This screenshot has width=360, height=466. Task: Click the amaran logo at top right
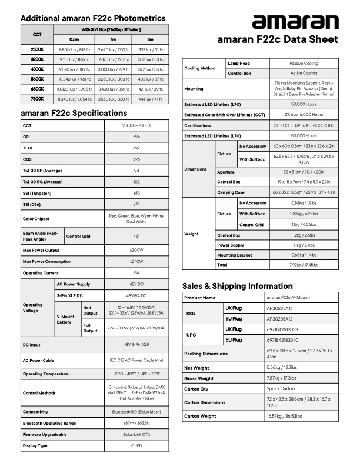pos(295,22)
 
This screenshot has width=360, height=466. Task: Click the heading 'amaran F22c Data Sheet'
pos(278,40)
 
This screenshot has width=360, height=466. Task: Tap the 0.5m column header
pos(74,38)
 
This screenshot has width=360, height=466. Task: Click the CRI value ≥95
pos(136,137)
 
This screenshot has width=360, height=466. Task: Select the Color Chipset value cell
pos(136,219)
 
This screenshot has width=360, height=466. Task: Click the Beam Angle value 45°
pos(136,236)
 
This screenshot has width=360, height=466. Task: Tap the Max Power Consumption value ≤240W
pos(136,261)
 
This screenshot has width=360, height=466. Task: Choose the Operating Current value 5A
pos(136,273)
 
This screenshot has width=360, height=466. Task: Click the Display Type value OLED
pos(136,445)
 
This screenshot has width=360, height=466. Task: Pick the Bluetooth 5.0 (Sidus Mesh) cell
pos(136,412)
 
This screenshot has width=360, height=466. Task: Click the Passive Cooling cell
pos(304,63)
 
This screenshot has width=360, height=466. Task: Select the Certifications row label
pos(198,125)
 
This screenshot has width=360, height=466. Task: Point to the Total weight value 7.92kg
pos(304,265)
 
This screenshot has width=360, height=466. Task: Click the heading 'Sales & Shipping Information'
pos(237,286)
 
